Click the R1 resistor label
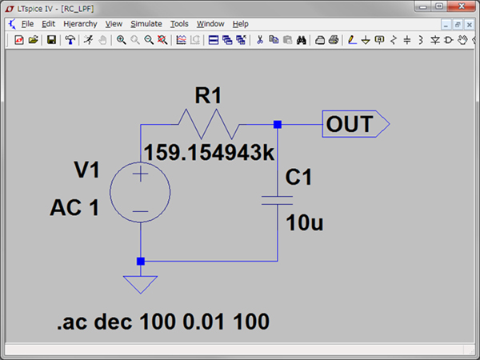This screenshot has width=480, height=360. (x=208, y=95)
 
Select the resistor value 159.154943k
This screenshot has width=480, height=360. (x=209, y=152)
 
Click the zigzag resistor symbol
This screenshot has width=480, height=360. (x=209, y=124)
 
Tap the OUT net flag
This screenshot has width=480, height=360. (x=356, y=124)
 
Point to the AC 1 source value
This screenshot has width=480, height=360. (x=74, y=207)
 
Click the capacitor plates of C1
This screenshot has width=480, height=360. (x=277, y=201)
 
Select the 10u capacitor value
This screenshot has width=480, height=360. (x=304, y=222)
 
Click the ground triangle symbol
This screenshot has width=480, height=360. (x=141, y=285)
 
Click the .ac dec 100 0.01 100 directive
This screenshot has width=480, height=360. (x=163, y=322)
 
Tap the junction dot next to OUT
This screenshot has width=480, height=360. (x=278, y=124)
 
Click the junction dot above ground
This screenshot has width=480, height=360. (x=141, y=261)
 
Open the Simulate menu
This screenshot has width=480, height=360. (x=146, y=24)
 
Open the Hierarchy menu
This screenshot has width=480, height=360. (x=80, y=24)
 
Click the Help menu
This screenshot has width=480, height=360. (x=240, y=24)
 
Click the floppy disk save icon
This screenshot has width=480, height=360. (x=51, y=40)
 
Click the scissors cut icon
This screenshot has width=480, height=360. (x=260, y=40)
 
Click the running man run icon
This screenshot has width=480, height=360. (x=89, y=40)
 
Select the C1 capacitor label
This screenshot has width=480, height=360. (x=298, y=178)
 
